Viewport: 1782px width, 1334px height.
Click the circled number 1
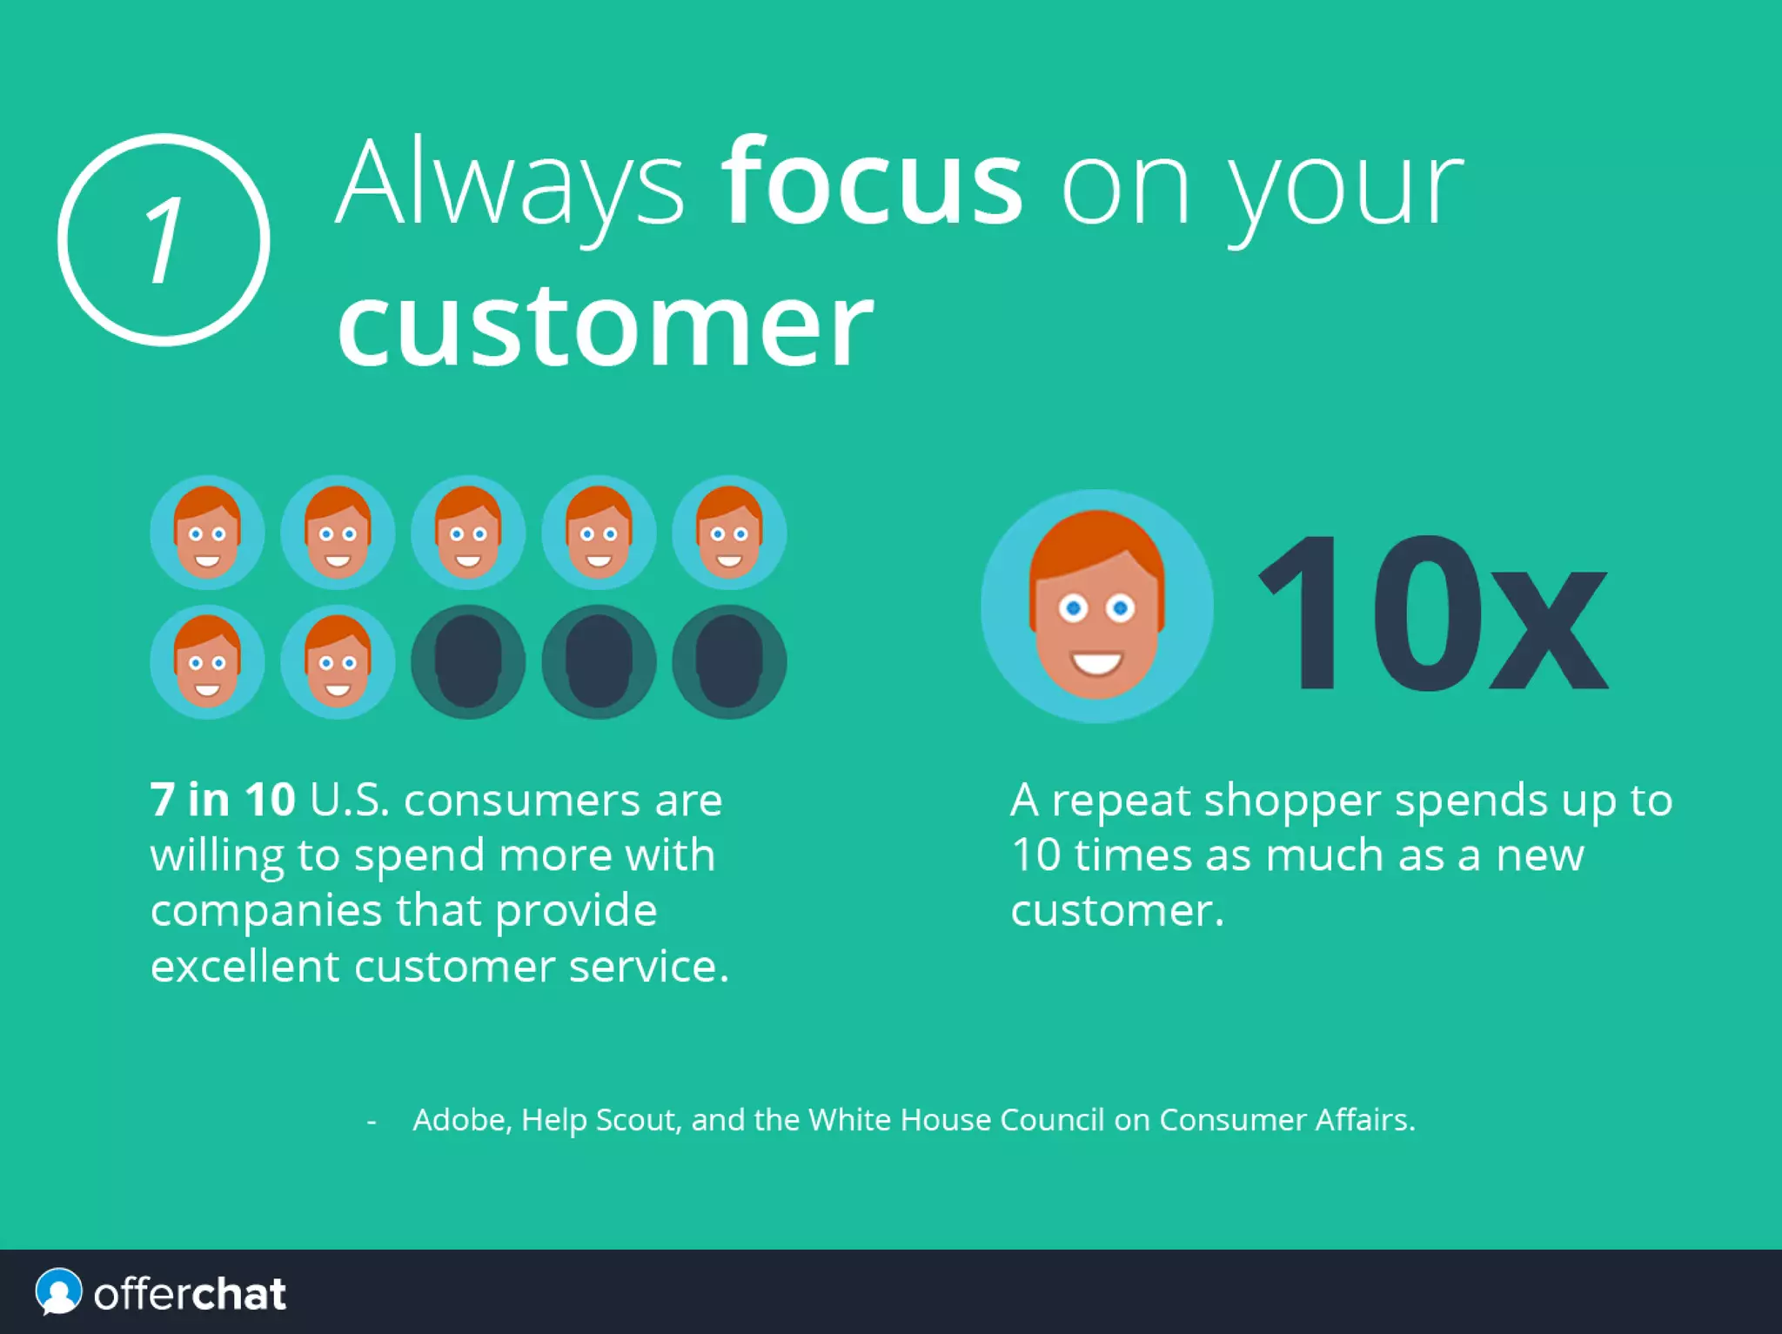pyautogui.click(x=164, y=240)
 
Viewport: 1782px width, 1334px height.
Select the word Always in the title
pyautogui.click(x=511, y=185)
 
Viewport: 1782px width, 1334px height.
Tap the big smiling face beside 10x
pyautogui.click(x=1096, y=607)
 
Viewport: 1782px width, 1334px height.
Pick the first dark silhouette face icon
pyautogui.click(x=468, y=662)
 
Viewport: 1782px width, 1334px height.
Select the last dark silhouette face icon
pyautogui.click(x=729, y=662)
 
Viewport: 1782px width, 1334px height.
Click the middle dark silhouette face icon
pyautogui.click(x=599, y=662)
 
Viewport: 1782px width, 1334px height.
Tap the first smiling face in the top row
pyautogui.click(x=207, y=533)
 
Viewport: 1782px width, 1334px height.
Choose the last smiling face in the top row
pyautogui.click(x=729, y=533)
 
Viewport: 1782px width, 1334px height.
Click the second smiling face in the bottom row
pyautogui.click(x=338, y=662)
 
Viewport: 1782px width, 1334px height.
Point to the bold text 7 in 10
pyautogui.click(x=223, y=799)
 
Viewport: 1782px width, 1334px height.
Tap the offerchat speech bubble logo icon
pyautogui.click(x=58, y=1292)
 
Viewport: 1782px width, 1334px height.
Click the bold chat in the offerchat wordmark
pyautogui.click(x=238, y=1294)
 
